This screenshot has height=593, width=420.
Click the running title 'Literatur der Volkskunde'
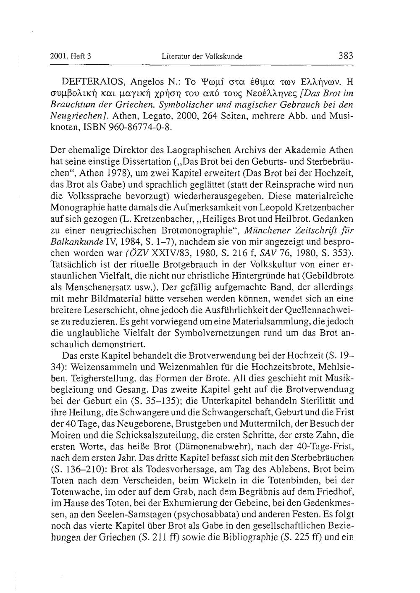click(x=202, y=56)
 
